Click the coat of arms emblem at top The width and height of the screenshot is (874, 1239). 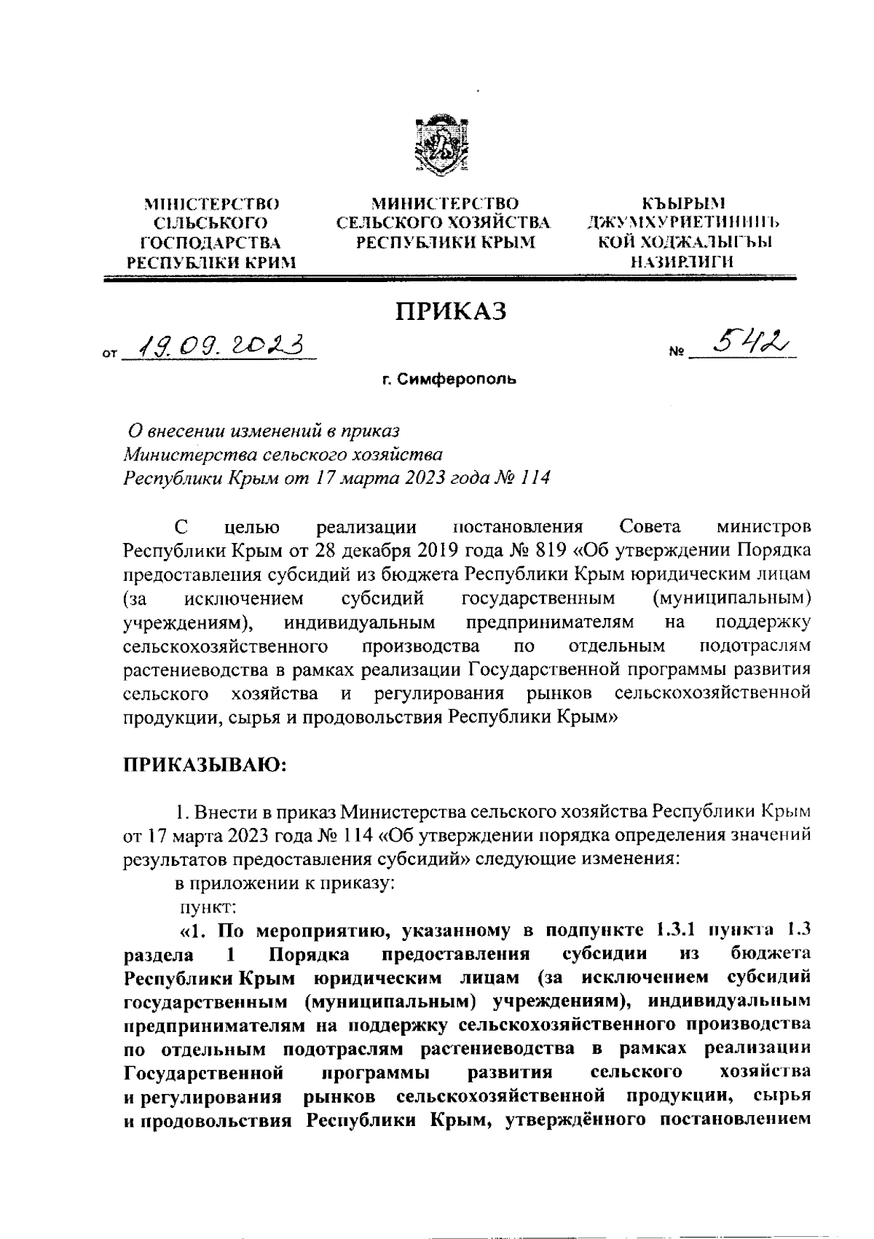pos(436,146)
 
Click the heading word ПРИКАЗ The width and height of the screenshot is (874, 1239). pos(450,311)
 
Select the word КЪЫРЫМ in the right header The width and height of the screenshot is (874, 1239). pos(678,203)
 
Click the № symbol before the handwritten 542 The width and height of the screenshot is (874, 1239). pos(677,355)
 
